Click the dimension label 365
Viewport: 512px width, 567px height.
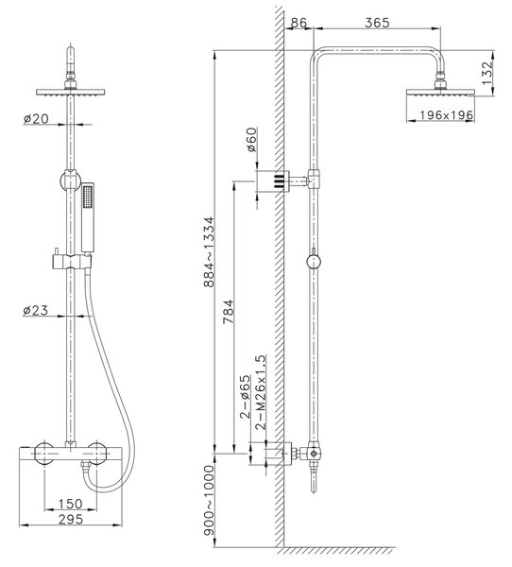377,23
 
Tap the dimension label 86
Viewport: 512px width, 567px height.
299,23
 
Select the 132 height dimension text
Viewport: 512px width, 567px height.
487,73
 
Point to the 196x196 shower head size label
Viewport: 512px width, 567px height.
446,115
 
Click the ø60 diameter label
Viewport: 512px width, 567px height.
250,140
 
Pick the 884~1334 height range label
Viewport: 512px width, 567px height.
209,252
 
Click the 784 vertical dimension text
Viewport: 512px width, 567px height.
229,312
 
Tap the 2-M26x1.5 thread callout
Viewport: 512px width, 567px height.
261,392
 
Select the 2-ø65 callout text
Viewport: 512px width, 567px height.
245,397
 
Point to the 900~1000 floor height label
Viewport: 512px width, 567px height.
209,500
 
